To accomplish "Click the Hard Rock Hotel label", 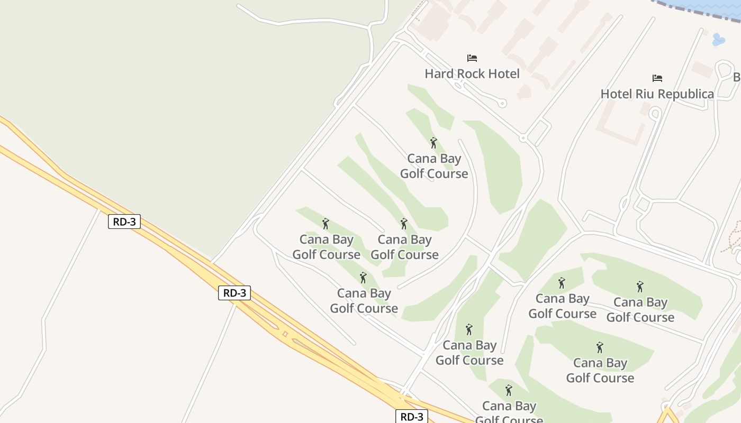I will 472,73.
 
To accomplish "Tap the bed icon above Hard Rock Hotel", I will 472,58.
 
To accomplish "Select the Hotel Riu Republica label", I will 657,94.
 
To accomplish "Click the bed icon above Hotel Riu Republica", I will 657,78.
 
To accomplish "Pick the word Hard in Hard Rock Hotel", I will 438,73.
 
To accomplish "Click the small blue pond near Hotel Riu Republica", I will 718,40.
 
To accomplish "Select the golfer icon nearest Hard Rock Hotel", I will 433,143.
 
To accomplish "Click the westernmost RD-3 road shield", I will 124,222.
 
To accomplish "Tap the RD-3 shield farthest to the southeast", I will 411,417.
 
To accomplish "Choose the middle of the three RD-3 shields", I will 234,293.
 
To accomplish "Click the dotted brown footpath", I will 733,238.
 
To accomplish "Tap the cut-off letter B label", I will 736,77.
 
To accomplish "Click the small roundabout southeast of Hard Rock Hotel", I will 523,138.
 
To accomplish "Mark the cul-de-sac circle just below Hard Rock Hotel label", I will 502,104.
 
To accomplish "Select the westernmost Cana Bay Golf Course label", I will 326,247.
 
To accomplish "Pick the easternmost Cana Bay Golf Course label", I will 640,310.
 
